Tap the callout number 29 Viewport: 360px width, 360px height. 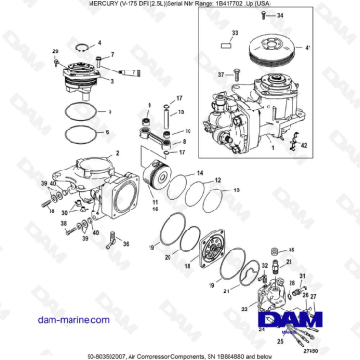(x=54, y=50)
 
